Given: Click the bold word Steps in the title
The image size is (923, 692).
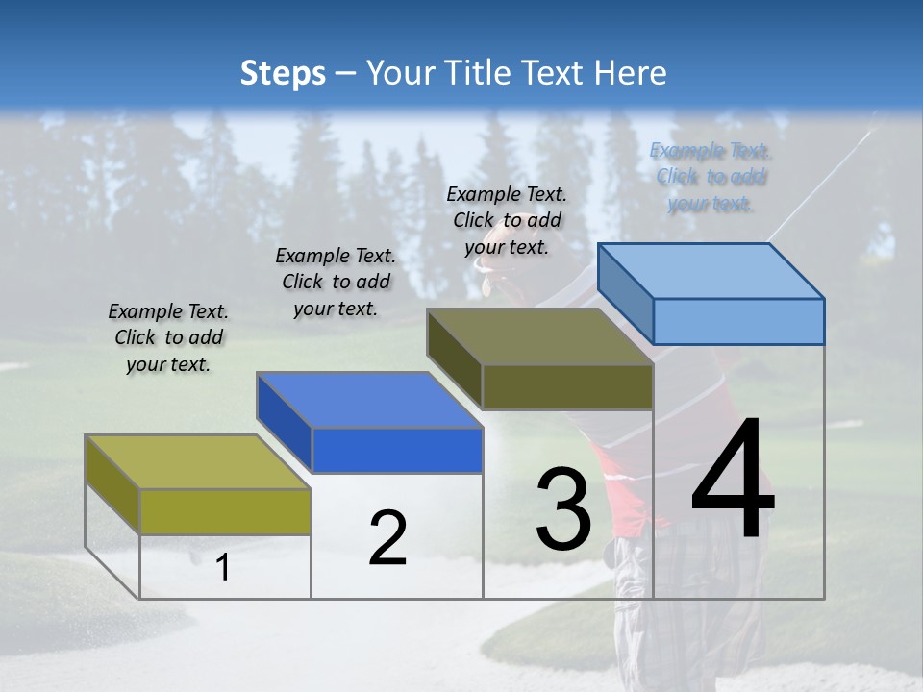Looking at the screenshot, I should coord(282,73).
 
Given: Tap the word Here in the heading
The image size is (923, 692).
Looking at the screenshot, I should coord(631,73).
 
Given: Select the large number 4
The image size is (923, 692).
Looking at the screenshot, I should coord(733,481).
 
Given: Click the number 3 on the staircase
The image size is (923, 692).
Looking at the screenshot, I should coord(563,509).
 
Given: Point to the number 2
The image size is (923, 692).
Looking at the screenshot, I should coord(387,538).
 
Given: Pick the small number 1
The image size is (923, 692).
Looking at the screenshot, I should coord(223,567).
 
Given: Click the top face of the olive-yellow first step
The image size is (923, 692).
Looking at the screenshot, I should coord(197,461).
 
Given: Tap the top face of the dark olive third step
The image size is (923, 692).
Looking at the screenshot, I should coord(538,336).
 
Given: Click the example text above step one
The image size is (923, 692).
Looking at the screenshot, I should coord(168,337).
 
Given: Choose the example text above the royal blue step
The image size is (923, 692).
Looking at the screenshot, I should coord(336,282).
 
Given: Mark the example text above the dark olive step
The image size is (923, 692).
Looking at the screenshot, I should coord(507,220).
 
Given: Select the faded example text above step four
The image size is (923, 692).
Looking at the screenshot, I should coord(710,177).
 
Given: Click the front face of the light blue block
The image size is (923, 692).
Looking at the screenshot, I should coord(738,321).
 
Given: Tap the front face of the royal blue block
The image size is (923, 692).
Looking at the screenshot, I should coord(397,450).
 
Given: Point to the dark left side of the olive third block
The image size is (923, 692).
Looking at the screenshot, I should coord(454,358).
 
